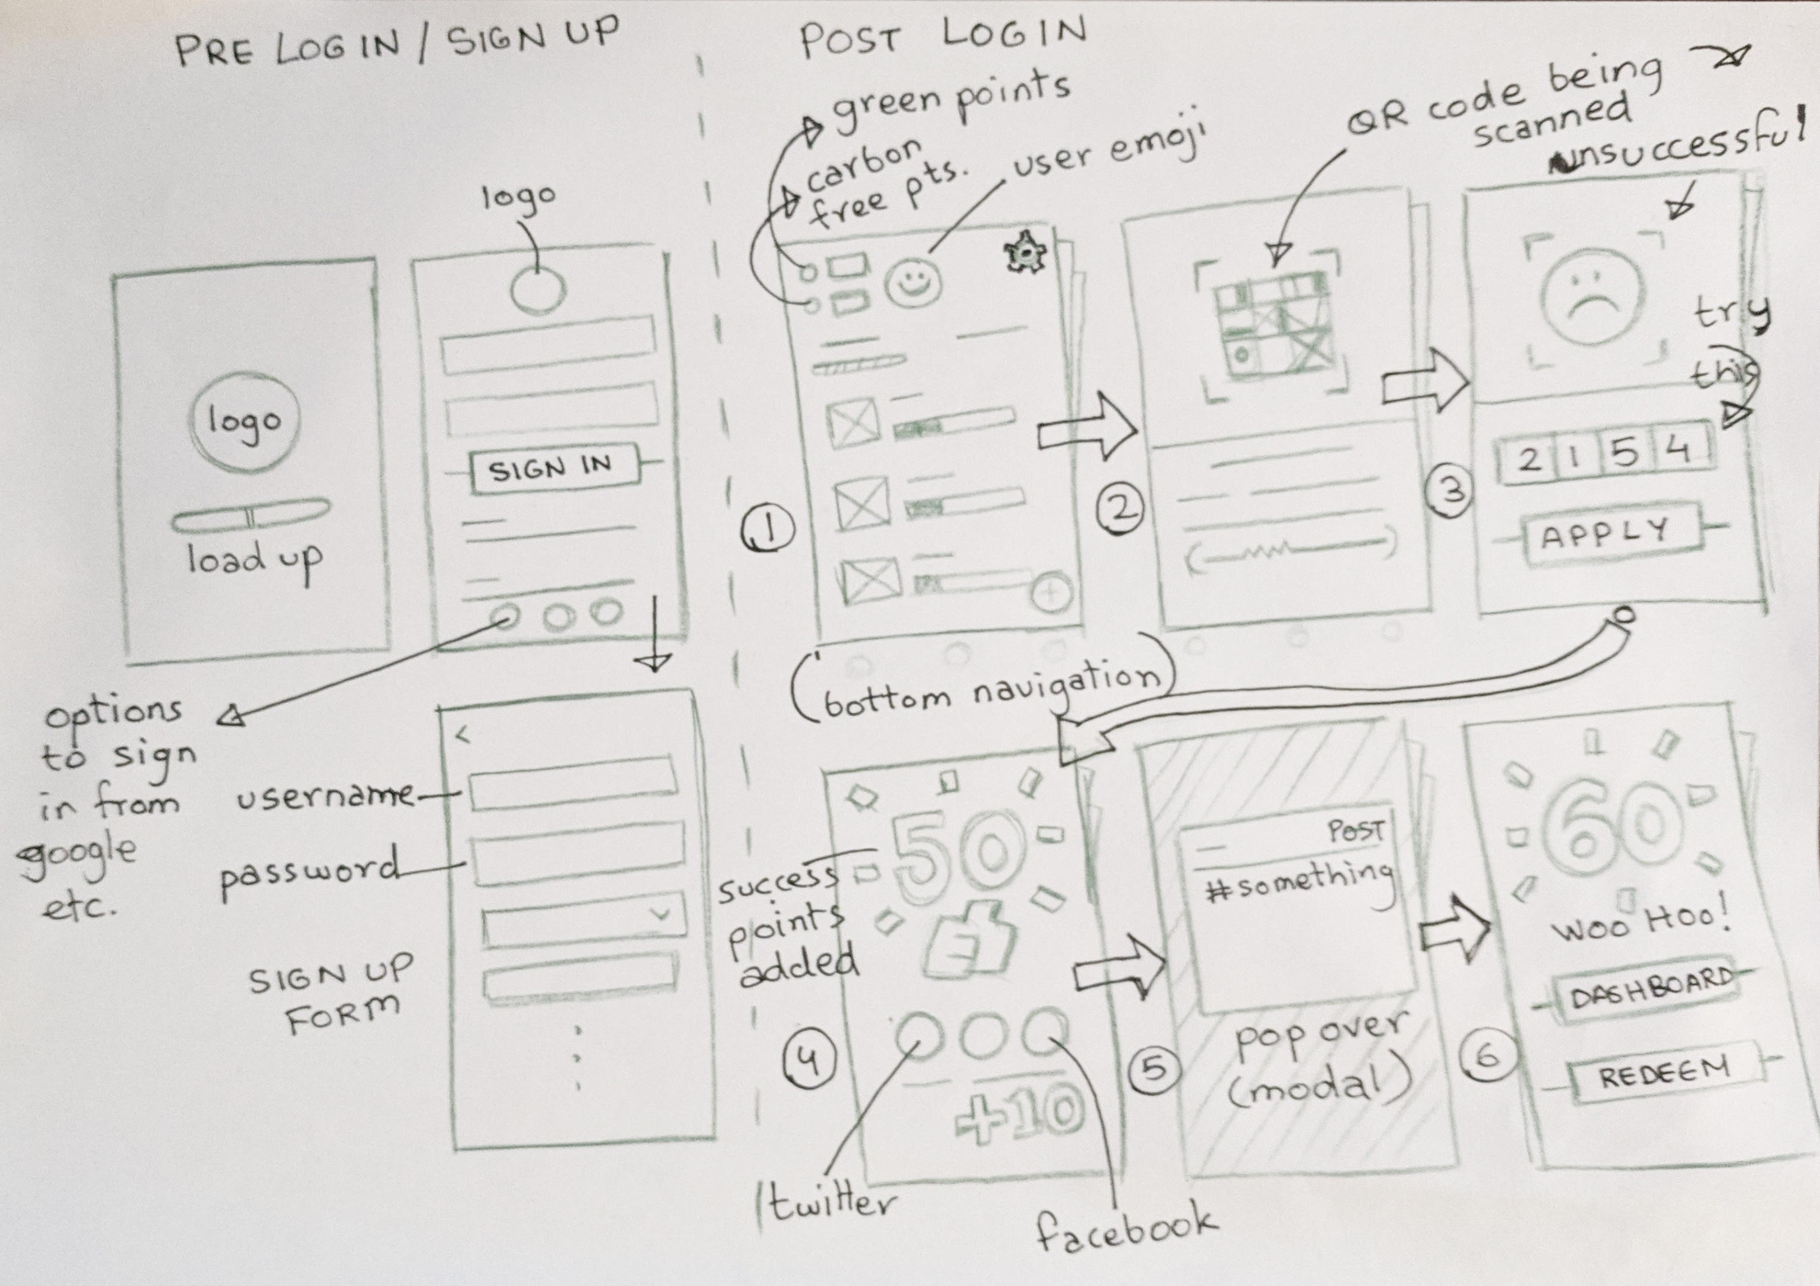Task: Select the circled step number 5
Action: (x=1154, y=1070)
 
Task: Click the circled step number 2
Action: (x=1120, y=509)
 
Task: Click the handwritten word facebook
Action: (x=1126, y=1228)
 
